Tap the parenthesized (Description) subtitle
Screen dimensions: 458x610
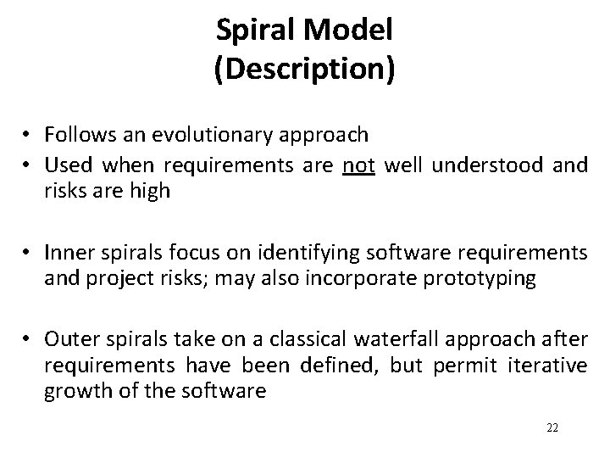point(305,70)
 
